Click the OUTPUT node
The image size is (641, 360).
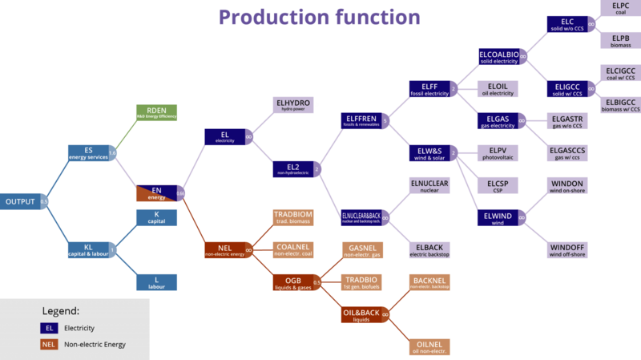click(x=21, y=201)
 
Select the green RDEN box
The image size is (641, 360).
click(x=156, y=113)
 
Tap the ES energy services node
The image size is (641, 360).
click(x=90, y=152)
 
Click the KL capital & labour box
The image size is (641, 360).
click(x=90, y=250)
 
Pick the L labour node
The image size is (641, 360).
click(x=156, y=281)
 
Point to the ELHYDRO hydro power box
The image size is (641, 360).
click(x=292, y=105)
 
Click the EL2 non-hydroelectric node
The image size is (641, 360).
click(x=292, y=169)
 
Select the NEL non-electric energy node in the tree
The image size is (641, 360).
click(x=224, y=250)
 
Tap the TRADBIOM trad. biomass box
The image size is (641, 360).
click(x=292, y=217)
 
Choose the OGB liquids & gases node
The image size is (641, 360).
click(x=292, y=282)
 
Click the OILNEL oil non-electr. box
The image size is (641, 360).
click(x=430, y=346)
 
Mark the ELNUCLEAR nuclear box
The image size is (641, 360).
click(x=430, y=185)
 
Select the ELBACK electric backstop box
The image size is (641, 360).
click(x=430, y=249)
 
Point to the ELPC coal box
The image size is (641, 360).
click(x=620, y=10)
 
